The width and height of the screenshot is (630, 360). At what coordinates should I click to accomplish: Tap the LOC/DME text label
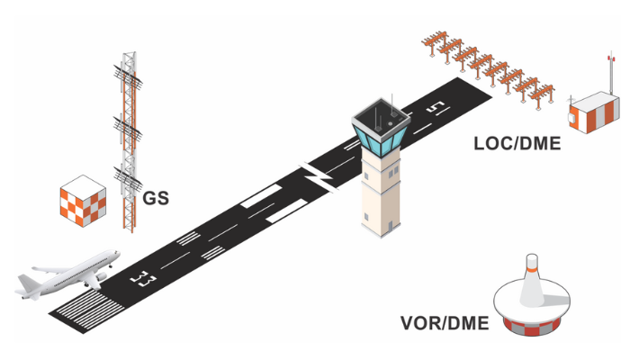pyautogui.click(x=517, y=143)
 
